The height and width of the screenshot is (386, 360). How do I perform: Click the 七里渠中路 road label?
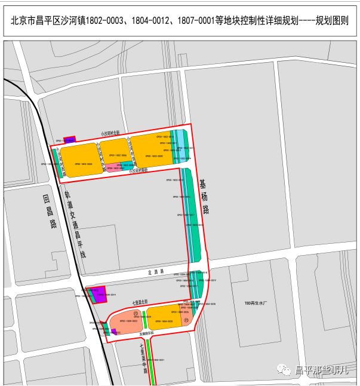pos(143,357)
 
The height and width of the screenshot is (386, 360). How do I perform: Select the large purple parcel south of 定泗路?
pos(100,293)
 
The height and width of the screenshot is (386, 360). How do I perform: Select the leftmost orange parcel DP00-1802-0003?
pos(81,160)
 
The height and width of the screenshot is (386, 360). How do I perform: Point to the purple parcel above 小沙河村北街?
pos(70,139)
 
